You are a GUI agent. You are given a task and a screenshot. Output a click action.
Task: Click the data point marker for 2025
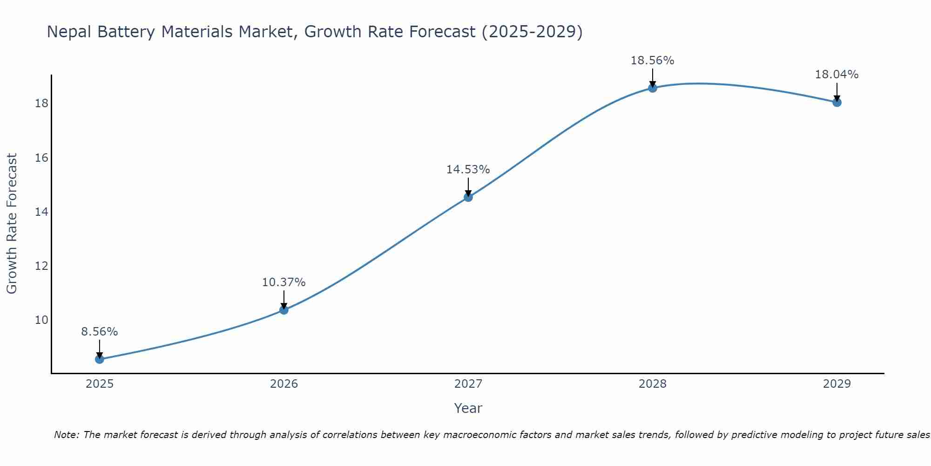point(100,359)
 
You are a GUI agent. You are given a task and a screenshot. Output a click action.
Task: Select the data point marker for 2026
point(284,310)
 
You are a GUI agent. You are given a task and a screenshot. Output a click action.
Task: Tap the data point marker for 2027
point(468,197)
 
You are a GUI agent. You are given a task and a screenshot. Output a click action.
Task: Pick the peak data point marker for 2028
point(653,88)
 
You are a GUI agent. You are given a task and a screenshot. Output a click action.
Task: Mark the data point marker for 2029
point(837,102)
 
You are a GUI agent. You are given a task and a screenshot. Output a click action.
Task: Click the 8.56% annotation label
point(100,332)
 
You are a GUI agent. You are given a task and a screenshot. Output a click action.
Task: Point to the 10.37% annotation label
point(284,282)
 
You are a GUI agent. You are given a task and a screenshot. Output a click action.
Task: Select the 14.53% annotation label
point(468,170)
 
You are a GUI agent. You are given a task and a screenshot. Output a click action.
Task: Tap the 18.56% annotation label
point(653,61)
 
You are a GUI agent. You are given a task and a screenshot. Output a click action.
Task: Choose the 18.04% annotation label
point(837,75)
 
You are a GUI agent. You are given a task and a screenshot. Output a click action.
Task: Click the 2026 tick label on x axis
point(284,384)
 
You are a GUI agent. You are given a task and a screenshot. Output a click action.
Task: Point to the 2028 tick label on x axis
point(653,384)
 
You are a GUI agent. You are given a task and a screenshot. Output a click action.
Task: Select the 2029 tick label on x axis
point(837,384)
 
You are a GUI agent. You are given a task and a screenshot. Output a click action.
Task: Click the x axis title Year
point(468,408)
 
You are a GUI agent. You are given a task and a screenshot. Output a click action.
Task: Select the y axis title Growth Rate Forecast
point(12,224)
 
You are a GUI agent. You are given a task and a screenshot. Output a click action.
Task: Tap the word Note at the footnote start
point(66,435)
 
